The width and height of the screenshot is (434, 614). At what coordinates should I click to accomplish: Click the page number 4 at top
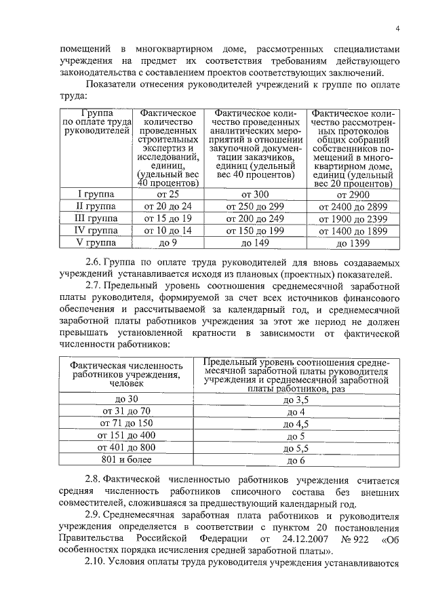pyautogui.click(x=399, y=27)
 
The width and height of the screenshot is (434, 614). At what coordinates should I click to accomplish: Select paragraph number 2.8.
pyautogui.click(x=94, y=480)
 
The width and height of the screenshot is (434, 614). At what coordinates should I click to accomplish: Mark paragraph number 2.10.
pyautogui.click(x=96, y=565)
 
